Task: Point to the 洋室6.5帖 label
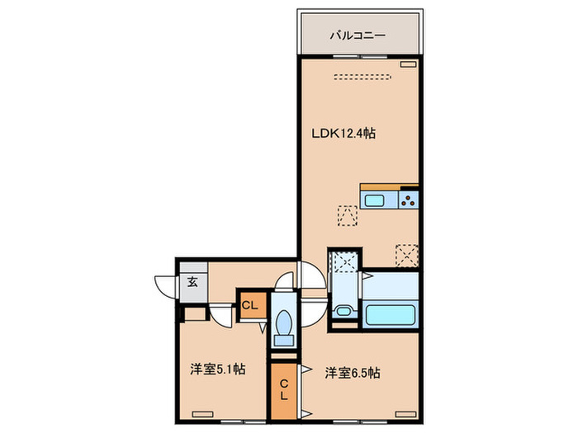353,372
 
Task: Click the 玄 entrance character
192,282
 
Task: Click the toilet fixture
283,326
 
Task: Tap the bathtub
392,316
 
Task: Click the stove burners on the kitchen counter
409,199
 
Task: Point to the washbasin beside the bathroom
343,313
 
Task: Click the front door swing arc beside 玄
163,283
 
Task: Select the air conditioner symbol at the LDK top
408,64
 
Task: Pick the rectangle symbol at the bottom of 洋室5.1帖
201,412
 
